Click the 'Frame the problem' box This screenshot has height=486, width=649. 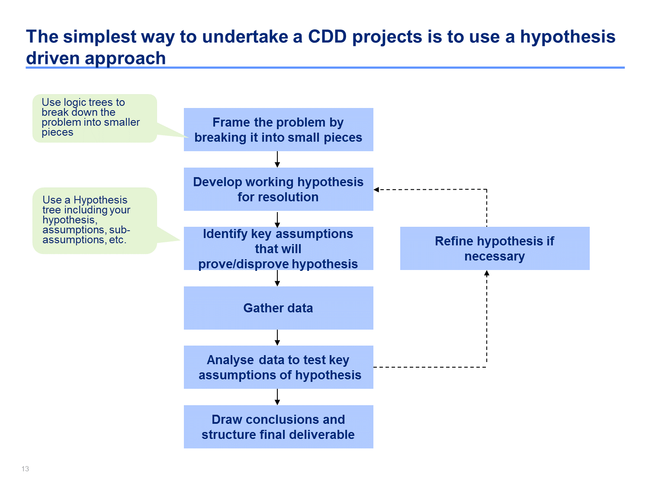[278, 130]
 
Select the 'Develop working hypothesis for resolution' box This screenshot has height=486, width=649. [278, 189]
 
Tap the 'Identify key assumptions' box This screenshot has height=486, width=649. [278, 248]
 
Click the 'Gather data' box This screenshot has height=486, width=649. [278, 308]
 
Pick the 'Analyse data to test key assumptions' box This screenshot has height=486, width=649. [278, 367]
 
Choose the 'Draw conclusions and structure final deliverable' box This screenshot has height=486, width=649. [278, 427]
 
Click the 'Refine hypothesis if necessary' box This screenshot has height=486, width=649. [495, 248]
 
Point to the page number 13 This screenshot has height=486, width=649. [25, 469]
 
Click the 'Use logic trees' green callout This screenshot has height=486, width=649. [95, 118]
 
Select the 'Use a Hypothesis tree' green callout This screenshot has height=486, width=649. [95, 221]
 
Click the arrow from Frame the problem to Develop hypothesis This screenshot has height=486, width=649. [277, 159]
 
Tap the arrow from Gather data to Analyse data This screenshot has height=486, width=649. [277, 337]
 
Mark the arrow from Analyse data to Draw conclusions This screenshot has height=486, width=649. [277, 397]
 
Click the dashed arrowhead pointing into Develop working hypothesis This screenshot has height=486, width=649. [376, 190]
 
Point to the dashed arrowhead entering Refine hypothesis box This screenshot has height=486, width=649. [487, 273]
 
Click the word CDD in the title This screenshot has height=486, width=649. [327, 37]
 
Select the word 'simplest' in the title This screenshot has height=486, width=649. [99, 37]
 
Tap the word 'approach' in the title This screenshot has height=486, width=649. [125, 58]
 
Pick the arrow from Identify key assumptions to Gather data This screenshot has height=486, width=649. [277, 278]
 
